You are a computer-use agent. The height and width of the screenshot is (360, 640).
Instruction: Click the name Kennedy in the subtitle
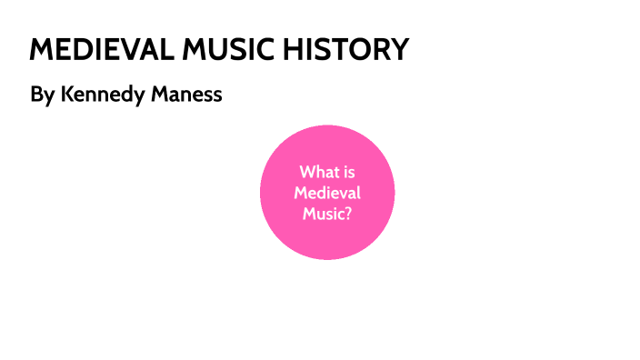pyautogui.click(x=104, y=95)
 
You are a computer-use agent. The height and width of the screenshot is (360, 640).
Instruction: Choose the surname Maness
pyautogui.click(x=187, y=94)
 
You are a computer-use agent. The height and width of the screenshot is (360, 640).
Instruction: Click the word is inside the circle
pyautogui.click(x=347, y=172)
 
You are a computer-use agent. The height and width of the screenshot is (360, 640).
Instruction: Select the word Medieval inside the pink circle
pyautogui.click(x=327, y=193)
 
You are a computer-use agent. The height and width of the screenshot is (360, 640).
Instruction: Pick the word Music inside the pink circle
pyautogui.click(x=323, y=214)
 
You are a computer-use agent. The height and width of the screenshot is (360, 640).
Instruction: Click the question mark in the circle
pyautogui.click(x=348, y=214)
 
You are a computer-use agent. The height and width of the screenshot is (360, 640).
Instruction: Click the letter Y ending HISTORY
pyautogui.click(x=399, y=49)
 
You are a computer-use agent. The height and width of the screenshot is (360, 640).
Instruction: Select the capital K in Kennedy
pyautogui.click(x=66, y=94)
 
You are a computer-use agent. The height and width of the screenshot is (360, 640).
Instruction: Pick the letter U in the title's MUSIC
pyautogui.click(x=208, y=49)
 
